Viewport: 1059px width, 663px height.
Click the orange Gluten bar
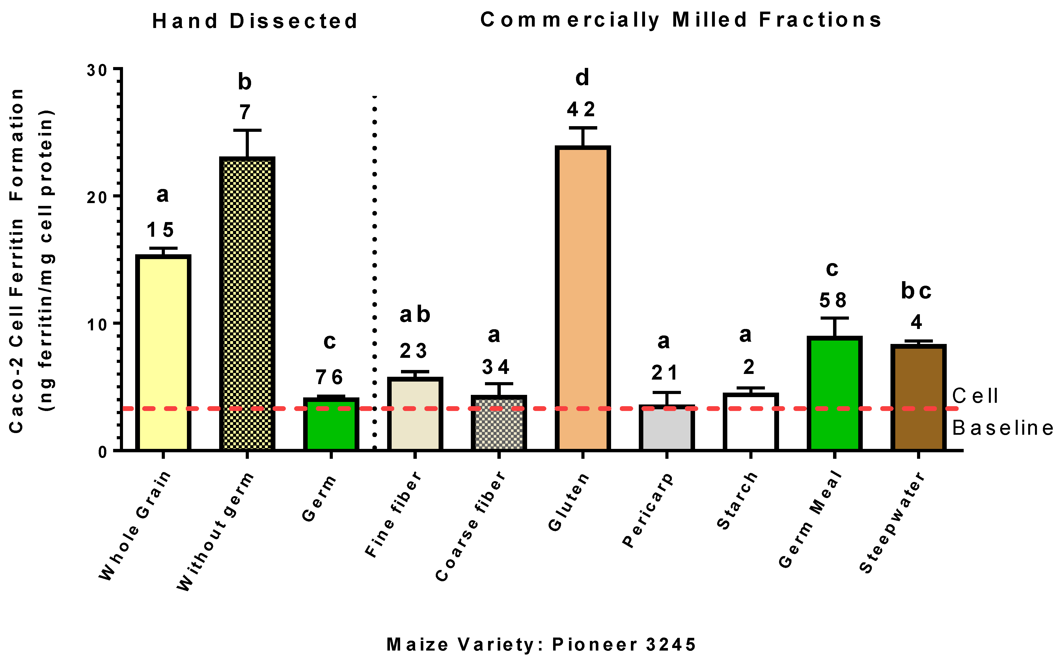pos(583,298)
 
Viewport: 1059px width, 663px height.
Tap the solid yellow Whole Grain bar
pos(163,353)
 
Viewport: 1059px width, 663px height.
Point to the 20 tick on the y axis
pos(117,196)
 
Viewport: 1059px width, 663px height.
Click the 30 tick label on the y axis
pos(97,70)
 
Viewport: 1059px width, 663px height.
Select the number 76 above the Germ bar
pos(329,377)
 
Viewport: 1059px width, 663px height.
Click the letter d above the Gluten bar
pos(582,78)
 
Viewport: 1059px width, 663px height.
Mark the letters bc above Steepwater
pos(916,291)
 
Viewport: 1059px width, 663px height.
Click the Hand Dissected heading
pos(255,21)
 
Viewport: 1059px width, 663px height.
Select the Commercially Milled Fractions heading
pos(681,20)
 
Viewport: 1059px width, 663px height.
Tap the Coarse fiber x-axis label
pos(471,526)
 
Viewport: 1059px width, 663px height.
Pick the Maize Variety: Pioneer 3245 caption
pos(541,644)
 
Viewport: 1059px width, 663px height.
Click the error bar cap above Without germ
pos(247,130)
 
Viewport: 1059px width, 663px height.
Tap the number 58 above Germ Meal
pos(832,300)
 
